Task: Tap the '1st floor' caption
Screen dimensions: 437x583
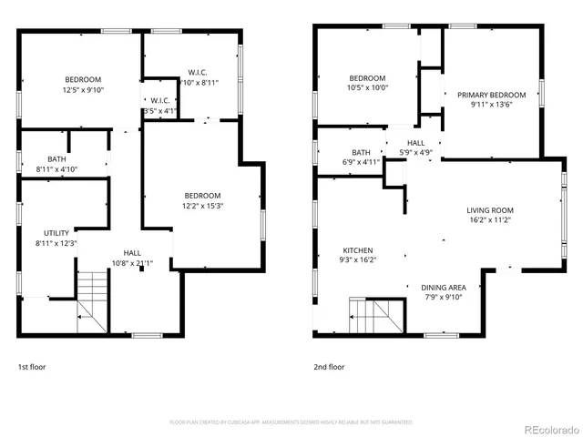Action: (31, 367)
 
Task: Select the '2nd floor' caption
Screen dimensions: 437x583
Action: (329, 367)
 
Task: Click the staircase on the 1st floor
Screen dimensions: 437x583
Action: (92, 300)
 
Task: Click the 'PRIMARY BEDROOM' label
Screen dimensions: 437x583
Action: (491, 95)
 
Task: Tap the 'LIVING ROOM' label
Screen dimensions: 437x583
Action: (491, 209)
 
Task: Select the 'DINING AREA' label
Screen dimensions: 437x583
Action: (445, 287)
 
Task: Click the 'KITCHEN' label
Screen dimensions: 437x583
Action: (358, 250)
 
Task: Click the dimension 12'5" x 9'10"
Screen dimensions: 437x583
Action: (83, 90)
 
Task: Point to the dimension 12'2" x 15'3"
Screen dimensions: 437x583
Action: (202, 206)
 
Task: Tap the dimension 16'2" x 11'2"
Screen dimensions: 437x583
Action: (491, 219)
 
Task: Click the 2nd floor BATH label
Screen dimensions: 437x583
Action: (362, 152)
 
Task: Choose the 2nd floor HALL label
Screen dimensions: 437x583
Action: (416, 143)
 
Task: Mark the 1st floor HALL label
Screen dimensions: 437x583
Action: (132, 253)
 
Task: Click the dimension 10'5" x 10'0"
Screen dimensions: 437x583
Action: (368, 88)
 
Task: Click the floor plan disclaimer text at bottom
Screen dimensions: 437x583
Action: (291, 422)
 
